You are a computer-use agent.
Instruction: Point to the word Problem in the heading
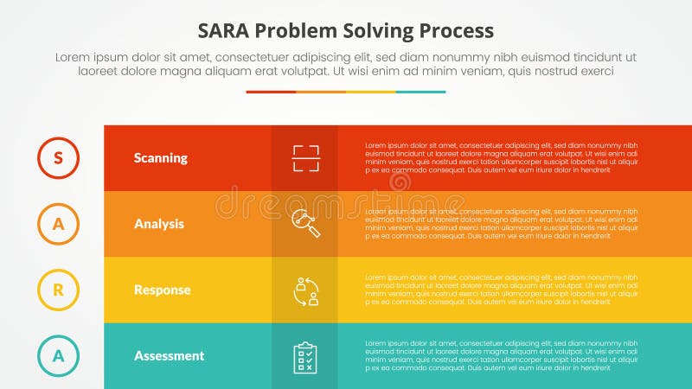click(290, 30)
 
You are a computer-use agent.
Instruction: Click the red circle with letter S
click(58, 157)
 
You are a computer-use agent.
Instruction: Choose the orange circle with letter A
click(58, 224)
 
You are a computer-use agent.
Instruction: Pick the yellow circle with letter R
click(58, 290)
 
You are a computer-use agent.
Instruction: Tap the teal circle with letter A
click(58, 355)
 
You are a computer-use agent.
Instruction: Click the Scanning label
click(160, 158)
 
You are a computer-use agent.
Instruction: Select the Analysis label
click(158, 224)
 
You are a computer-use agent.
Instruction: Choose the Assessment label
click(169, 355)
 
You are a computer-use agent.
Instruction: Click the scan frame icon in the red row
click(305, 158)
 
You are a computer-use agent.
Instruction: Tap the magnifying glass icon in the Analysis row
click(305, 223)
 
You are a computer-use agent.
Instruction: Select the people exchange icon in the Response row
click(305, 290)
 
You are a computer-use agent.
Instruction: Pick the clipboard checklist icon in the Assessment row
click(305, 356)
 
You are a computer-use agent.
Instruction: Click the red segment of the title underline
click(271, 92)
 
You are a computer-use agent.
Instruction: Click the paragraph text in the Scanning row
click(501, 158)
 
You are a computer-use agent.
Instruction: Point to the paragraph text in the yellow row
click(501, 290)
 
